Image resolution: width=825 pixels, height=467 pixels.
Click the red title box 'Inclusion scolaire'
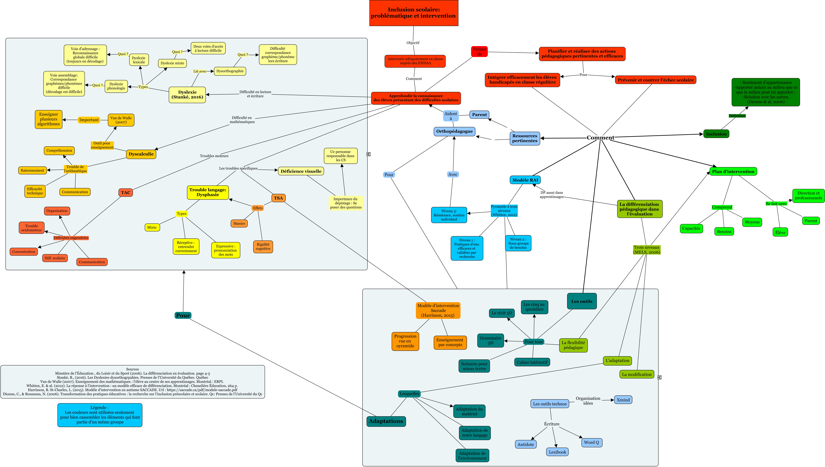pos(414,13)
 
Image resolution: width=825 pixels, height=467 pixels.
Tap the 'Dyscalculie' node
pos(141,154)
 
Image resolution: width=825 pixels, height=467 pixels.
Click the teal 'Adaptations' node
pos(386,421)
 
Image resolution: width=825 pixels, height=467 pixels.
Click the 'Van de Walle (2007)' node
pos(121,120)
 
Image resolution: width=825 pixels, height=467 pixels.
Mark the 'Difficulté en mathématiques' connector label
pos(242,120)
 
